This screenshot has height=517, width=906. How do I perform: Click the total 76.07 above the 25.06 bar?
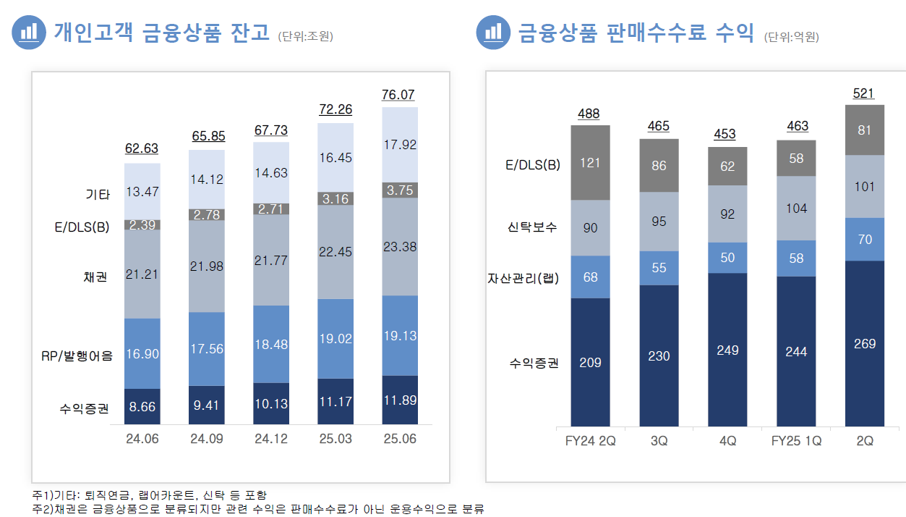coord(399,95)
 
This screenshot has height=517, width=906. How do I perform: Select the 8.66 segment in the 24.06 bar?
coord(142,407)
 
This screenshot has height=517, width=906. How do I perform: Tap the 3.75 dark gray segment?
coord(399,190)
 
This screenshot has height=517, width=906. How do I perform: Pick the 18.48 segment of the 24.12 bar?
coord(271,345)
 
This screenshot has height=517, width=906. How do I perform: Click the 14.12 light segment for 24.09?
coord(207,180)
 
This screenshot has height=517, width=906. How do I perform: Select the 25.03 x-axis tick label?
coord(336,440)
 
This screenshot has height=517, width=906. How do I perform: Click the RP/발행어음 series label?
coord(77,356)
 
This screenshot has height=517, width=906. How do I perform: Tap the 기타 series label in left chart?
coord(98,194)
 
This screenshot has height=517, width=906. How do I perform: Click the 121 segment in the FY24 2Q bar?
coord(590,163)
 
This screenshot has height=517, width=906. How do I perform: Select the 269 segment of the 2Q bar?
coord(865,343)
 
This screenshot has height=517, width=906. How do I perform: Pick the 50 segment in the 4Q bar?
coord(727,258)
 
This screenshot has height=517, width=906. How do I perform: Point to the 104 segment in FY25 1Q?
coord(796,208)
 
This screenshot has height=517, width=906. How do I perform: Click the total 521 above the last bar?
coord(864,93)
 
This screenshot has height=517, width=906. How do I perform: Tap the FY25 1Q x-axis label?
coord(796,441)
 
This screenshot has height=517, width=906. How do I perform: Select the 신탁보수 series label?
coord(532,227)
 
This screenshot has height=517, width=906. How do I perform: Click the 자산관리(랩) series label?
coord(523,277)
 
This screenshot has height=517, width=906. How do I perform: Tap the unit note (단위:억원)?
coord(791,37)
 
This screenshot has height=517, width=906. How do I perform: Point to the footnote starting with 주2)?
coord(258,509)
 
